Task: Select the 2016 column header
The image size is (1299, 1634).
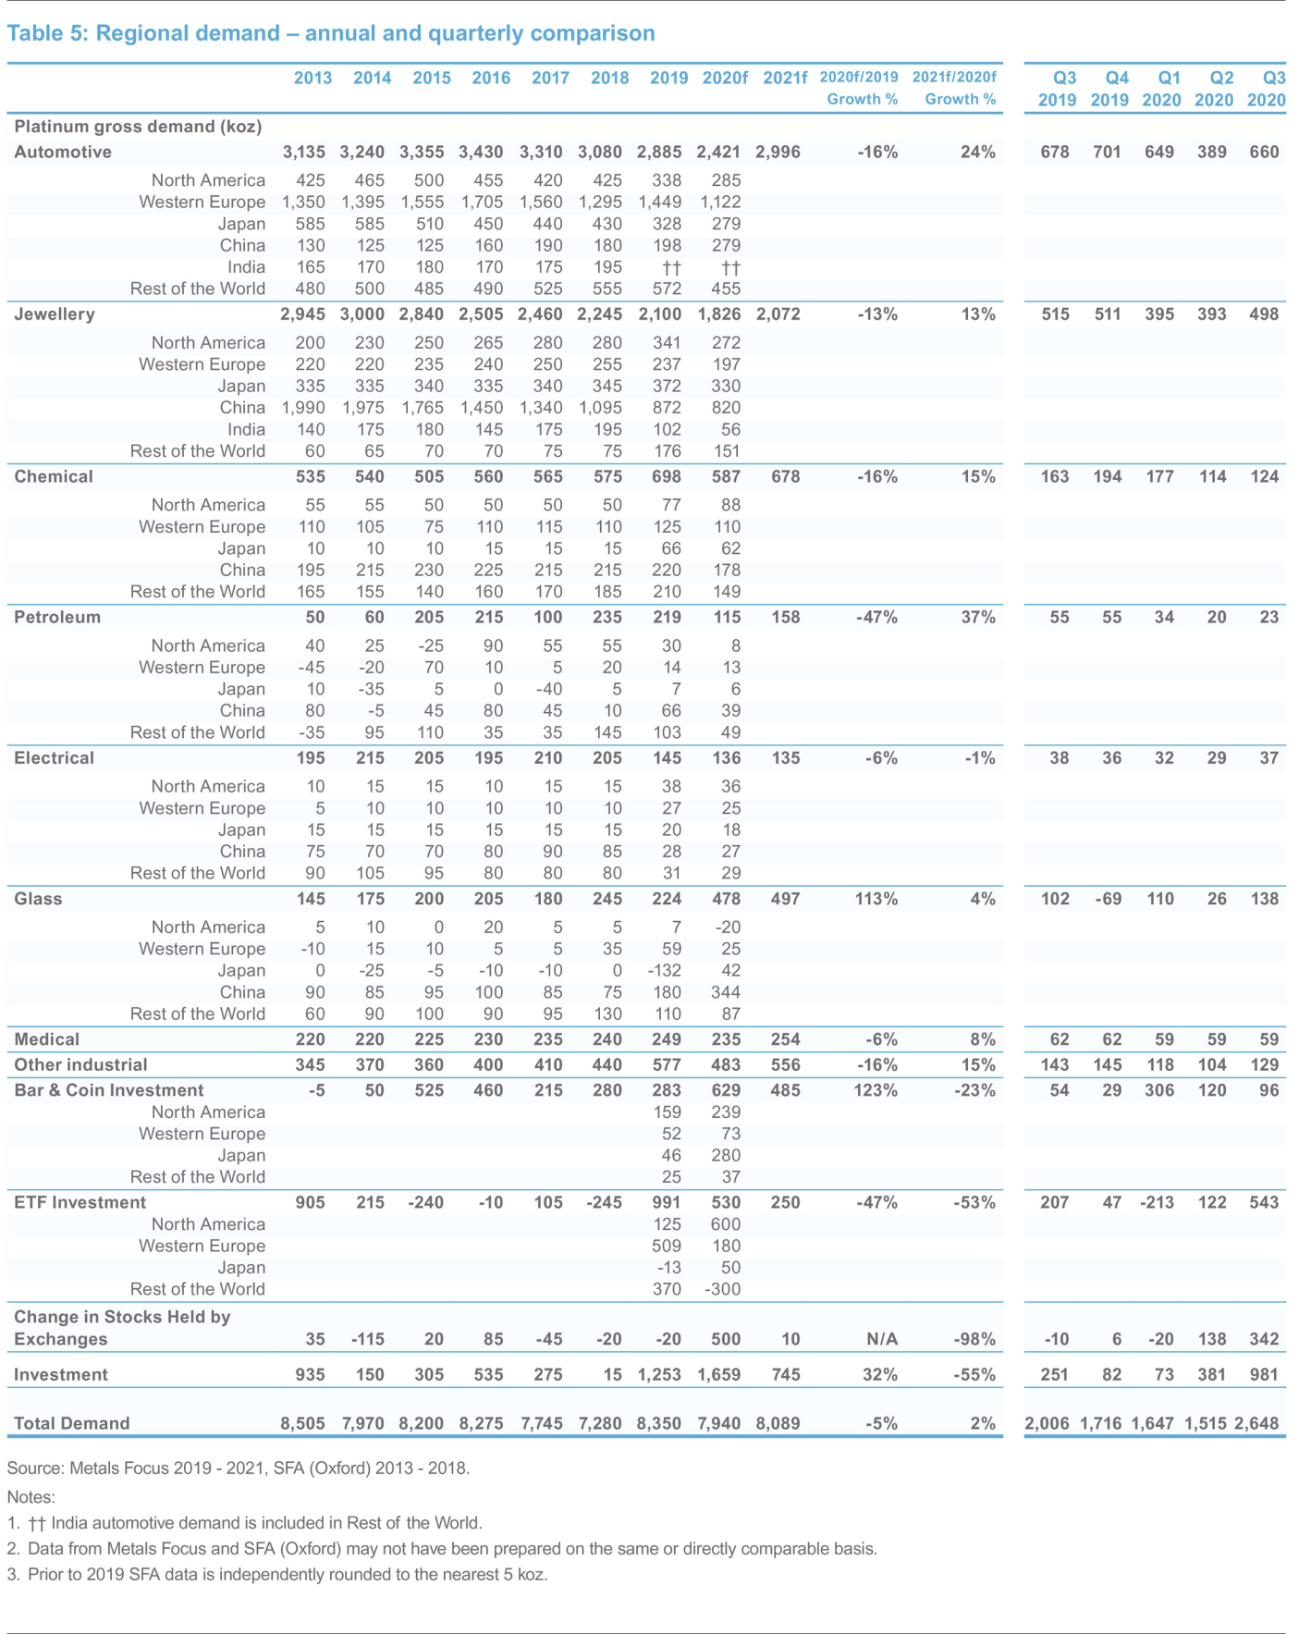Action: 491,78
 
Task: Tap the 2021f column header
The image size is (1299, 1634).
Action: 785,78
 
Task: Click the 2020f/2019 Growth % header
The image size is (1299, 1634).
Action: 859,88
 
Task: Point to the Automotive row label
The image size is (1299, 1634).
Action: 63,153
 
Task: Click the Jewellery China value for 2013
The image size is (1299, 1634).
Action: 304,408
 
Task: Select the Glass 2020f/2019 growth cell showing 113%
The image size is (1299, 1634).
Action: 876,899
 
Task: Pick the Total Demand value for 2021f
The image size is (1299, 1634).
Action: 778,1423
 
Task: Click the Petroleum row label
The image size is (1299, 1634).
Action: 57,618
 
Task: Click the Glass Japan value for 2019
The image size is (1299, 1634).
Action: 665,970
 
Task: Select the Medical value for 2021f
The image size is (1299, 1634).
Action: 785,1039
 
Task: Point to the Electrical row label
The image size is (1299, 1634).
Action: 54,758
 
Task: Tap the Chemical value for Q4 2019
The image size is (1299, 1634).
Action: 1108,477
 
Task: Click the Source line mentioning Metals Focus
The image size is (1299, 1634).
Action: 239,1468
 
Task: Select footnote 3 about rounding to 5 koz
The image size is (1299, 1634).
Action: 277,1574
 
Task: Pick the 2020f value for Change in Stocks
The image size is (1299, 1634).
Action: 726,1339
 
